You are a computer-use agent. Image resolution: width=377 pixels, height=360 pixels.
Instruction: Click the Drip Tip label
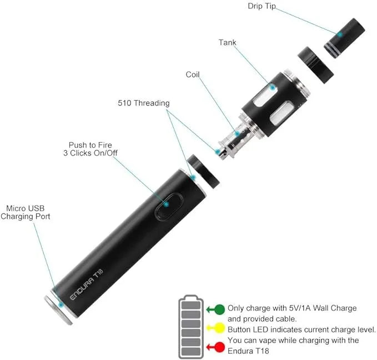pos(262,6)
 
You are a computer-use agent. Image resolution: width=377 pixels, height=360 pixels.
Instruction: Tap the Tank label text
pos(227,42)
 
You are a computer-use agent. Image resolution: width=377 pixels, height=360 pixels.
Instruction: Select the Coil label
pos(193,74)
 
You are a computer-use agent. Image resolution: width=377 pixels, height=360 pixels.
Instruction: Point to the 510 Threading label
pos(144,103)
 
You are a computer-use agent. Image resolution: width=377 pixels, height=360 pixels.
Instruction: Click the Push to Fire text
pos(90,145)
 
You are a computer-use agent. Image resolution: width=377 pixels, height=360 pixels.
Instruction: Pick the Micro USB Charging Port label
pos(25,212)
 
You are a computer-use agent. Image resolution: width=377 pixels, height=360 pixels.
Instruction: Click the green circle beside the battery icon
pos(219,309)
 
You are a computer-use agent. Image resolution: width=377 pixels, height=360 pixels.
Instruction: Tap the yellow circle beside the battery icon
pos(219,328)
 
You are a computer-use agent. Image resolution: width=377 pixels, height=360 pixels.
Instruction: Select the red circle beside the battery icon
pos(219,347)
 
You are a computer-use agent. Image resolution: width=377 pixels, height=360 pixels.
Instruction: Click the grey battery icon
pos(191,327)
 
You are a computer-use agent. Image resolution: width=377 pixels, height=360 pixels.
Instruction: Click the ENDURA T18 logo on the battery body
pos(87,284)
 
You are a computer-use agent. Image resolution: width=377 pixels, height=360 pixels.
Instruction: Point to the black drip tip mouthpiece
pos(344,38)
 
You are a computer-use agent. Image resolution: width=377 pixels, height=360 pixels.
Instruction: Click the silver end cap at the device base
pos(58,311)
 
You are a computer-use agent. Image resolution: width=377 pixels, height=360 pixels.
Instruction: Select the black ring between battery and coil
pos(203,172)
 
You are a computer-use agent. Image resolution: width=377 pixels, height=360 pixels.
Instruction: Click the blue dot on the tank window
pos(273,88)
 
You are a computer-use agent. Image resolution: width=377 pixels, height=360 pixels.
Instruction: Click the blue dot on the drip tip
pos(340,34)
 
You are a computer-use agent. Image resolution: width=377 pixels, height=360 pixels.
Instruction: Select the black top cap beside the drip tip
pos(316,65)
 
